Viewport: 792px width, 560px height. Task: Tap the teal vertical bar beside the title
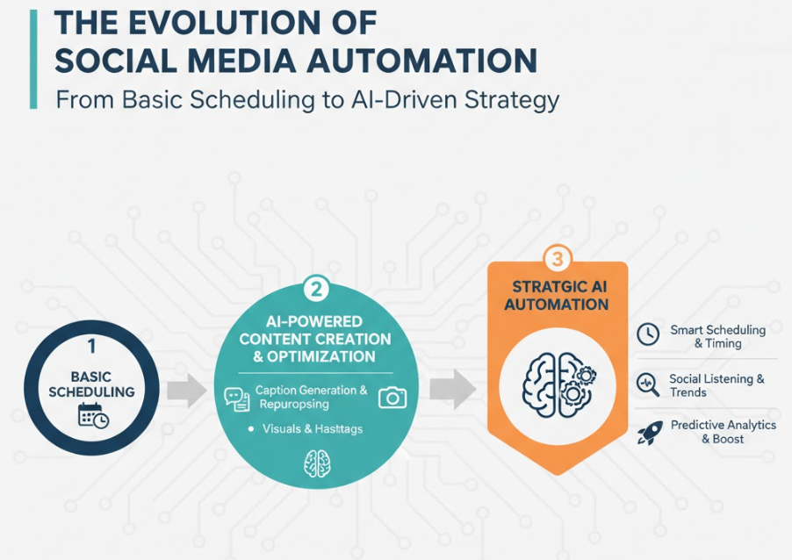click(x=33, y=59)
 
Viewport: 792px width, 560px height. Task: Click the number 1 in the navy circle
click(x=91, y=347)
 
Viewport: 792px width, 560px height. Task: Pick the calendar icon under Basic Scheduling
click(x=93, y=415)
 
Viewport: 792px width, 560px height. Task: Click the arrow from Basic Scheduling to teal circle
click(x=186, y=391)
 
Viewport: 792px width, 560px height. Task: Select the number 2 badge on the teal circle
click(x=316, y=290)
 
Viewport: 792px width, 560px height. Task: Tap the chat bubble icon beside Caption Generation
click(x=237, y=399)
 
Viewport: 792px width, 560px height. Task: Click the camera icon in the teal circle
click(x=392, y=398)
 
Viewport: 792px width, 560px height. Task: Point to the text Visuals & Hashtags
click(x=313, y=429)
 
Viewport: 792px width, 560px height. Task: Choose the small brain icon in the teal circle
click(x=317, y=464)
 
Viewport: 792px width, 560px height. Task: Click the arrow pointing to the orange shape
click(x=452, y=389)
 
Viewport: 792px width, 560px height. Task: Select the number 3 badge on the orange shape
click(x=558, y=259)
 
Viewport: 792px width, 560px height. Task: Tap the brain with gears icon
click(x=558, y=384)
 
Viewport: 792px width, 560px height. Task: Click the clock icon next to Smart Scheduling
click(x=647, y=334)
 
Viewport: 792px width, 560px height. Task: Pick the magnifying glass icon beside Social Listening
click(x=648, y=384)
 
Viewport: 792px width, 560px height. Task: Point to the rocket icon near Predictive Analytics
click(x=650, y=434)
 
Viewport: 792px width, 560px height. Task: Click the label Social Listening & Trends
click(x=716, y=386)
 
